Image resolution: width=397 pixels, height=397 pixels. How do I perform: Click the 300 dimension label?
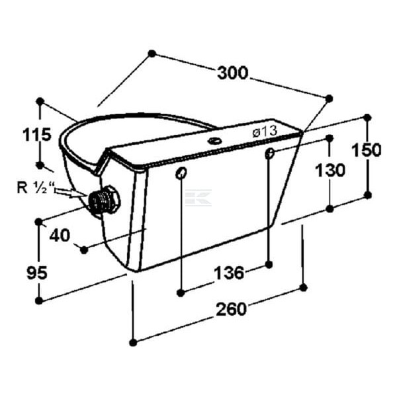click(x=233, y=73)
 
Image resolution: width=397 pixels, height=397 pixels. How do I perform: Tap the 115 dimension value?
click(x=37, y=134)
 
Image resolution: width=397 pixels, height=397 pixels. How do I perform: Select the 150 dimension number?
click(x=367, y=150)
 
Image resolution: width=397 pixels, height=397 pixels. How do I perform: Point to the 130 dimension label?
click(x=330, y=170)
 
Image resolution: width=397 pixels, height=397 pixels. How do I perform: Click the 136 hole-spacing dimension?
click(x=229, y=273)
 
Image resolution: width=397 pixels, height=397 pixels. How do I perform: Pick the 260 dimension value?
click(x=231, y=309)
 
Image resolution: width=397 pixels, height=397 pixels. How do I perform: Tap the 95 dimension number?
click(x=37, y=273)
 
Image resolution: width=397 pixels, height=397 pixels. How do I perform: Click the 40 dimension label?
click(x=60, y=236)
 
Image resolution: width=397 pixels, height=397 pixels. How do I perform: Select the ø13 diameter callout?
click(x=265, y=132)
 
